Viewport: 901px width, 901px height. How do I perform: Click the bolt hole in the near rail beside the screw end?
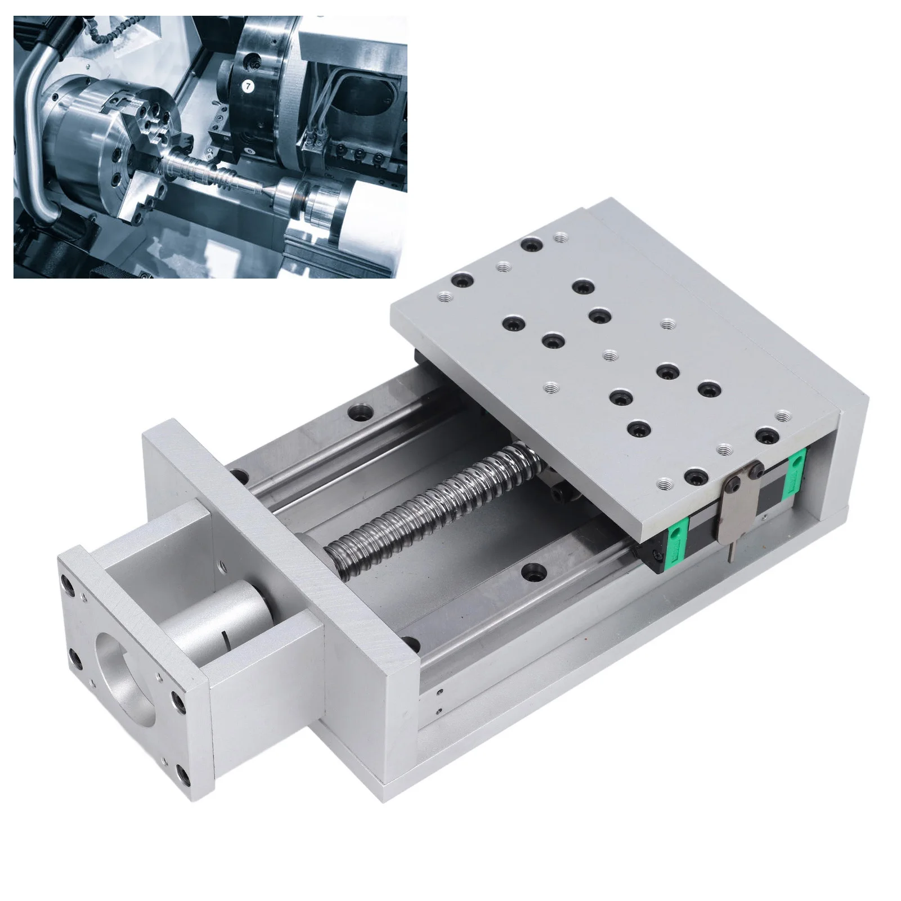tap(531, 573)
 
